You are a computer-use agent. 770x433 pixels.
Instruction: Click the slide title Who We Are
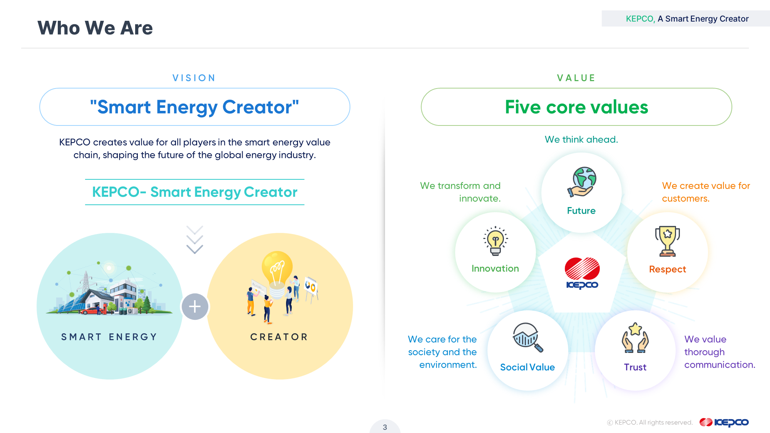(x=95, y=28)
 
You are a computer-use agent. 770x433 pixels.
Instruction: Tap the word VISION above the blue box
(x=194, y=78)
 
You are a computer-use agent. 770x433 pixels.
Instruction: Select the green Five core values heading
(x=576, y=107)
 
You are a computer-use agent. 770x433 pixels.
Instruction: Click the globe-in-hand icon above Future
(x=581, y=182)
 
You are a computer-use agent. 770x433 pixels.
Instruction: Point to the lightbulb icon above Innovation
(x=495, y=241)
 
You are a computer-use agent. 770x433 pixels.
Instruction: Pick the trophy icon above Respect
(x=668, y=241)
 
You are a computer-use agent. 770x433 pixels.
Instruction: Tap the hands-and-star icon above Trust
(x=635, y=338)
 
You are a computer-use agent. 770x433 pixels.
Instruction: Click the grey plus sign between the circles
(x=195, y=307)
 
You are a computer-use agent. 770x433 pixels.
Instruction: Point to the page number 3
(x=385, y=427)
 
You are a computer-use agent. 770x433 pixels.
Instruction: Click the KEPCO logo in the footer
(x=724, y=422)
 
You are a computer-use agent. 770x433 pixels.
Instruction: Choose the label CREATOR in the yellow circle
(x=279, y=337)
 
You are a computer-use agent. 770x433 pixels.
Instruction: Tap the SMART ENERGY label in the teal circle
(x=109, y=337)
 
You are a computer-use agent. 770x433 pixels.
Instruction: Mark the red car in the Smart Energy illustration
(x=92, y=310)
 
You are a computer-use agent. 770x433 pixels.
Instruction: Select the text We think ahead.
(x=581, y=139)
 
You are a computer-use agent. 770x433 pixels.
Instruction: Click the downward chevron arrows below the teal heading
(x=195, y=240)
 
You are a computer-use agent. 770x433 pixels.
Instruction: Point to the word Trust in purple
(x=635, y=367)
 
